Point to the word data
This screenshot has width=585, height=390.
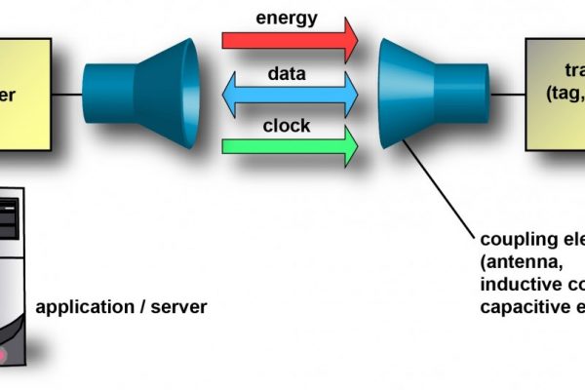click(287, 72)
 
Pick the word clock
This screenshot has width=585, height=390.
click(287, 125)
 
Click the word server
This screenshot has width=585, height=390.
click(181, 307)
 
